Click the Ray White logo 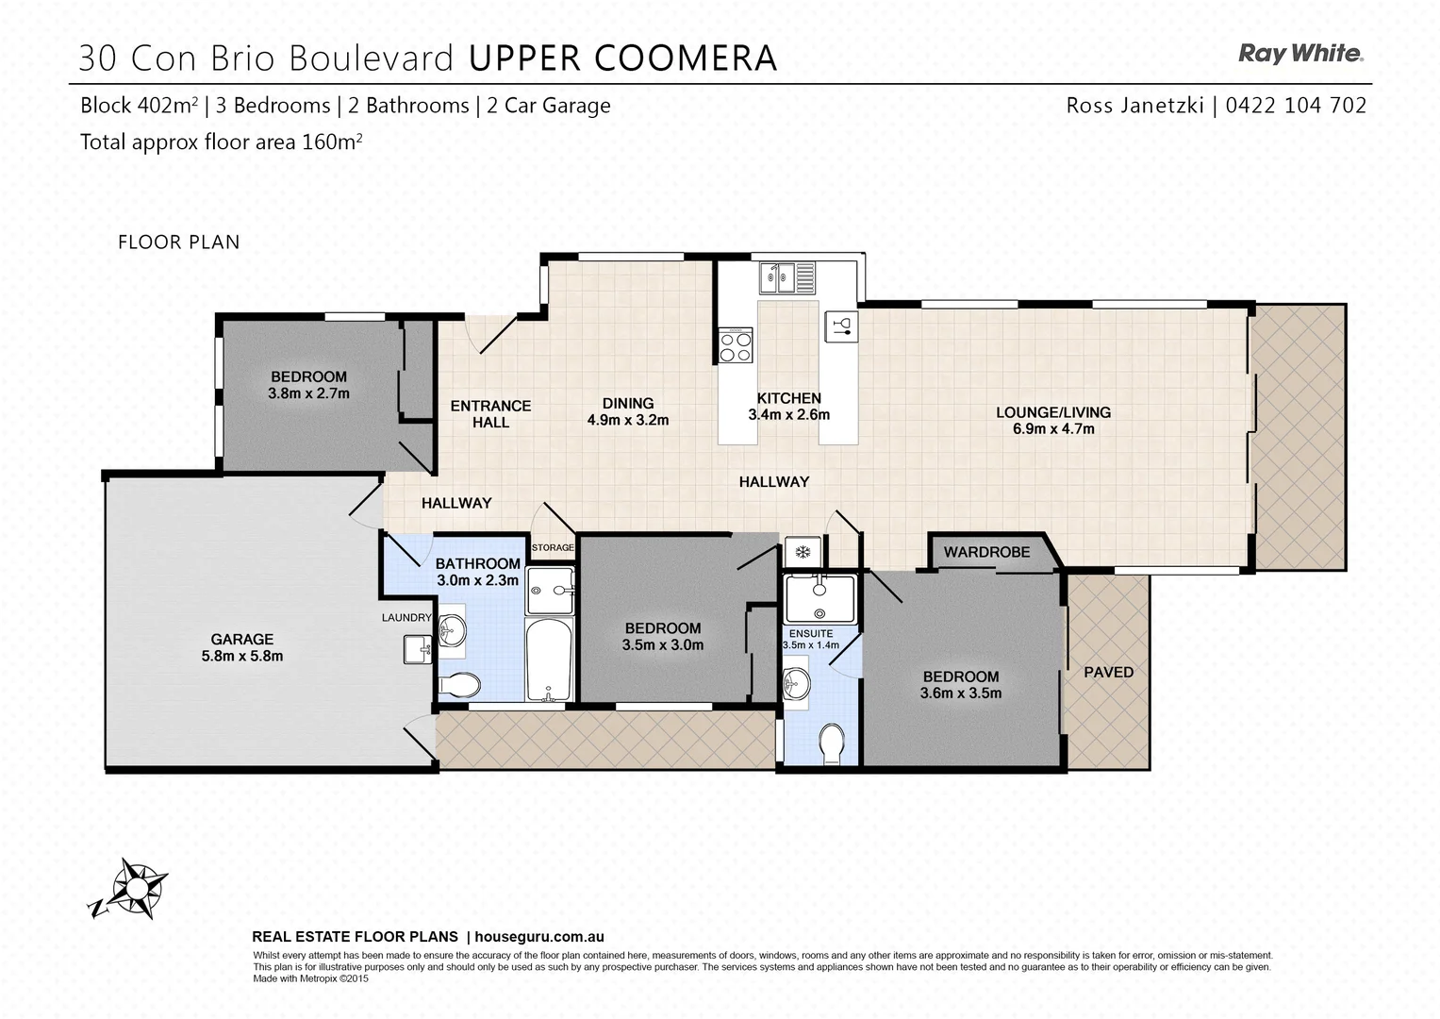(1300, 54)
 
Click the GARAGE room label (242, 639)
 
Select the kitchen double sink (788, 277)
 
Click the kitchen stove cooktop (736, 346)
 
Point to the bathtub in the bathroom (548, 660)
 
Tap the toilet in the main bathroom (458, 684)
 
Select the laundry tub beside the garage (418, 649)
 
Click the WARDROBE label (986, 552)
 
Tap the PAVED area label (1108, 672)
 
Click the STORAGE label (553, 547)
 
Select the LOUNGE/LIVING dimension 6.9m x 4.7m (1052, 429)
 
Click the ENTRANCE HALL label (490, 414)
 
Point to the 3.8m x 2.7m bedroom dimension (308, 393)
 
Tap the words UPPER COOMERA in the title (622, 58)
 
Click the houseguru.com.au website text (538, 937)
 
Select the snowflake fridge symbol (803, 552)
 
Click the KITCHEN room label (788, 398)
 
